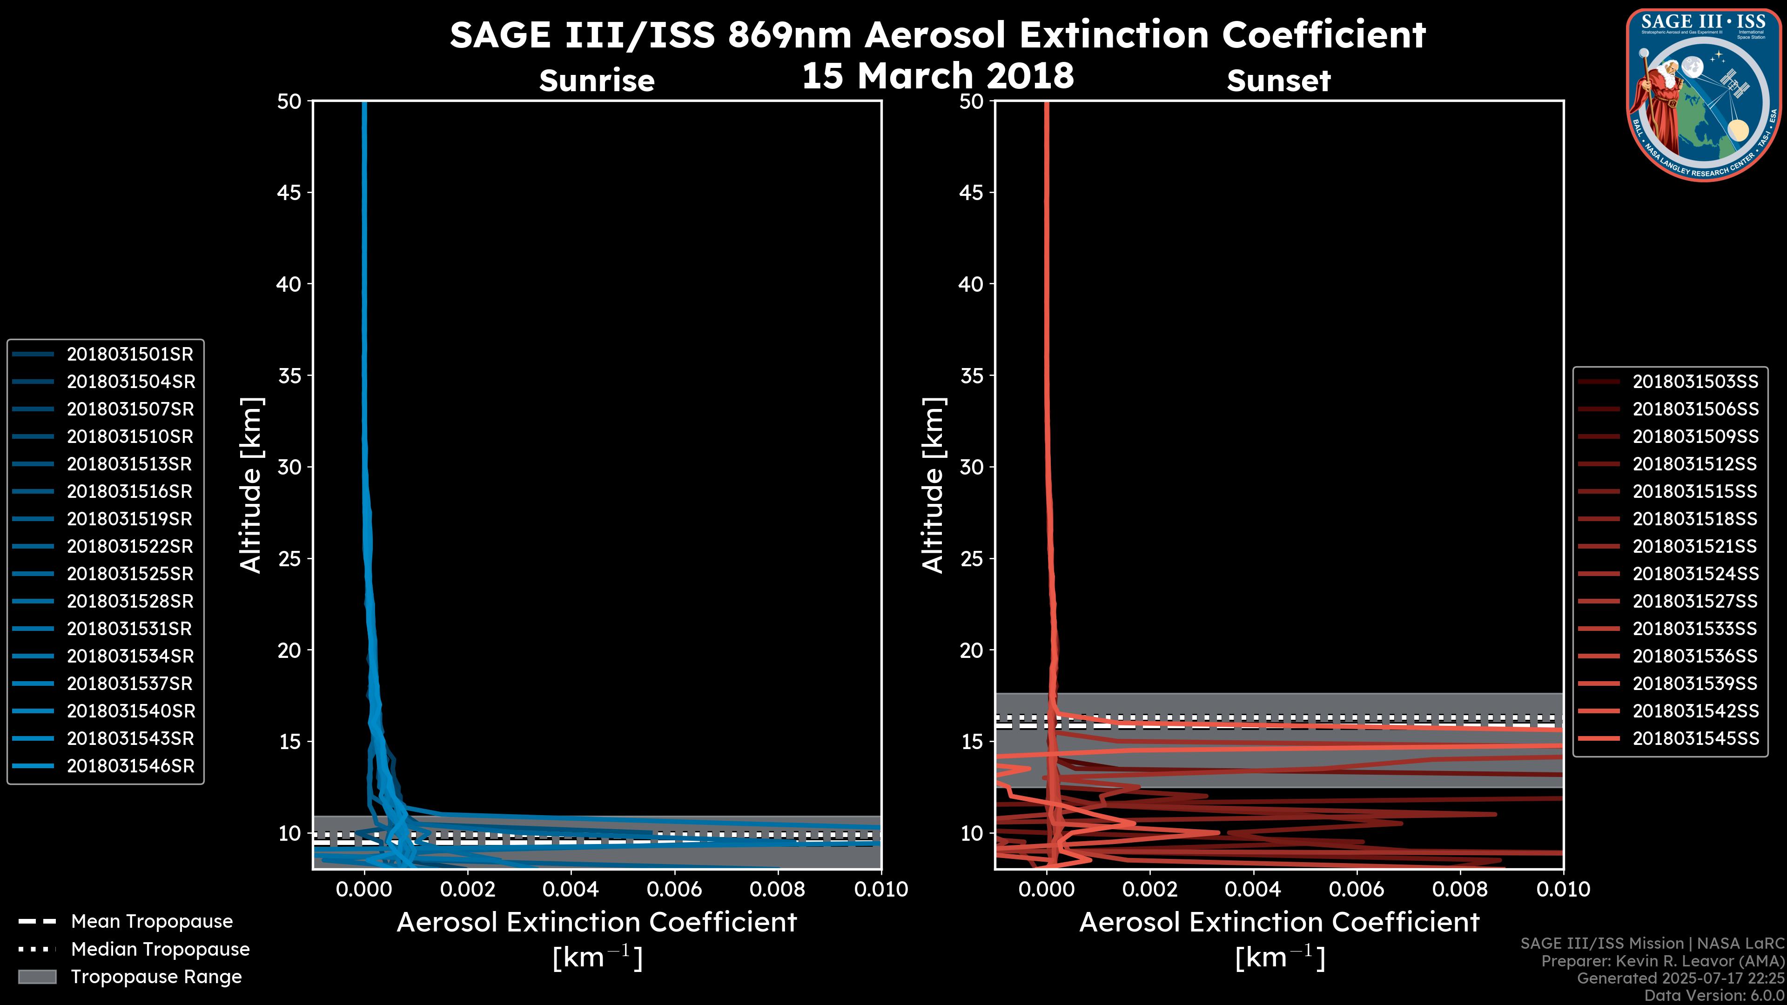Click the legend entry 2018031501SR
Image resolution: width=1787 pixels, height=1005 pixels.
(130, 355)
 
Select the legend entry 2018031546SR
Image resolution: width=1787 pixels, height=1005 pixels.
(130, 766)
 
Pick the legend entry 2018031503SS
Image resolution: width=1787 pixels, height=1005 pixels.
(1695, 382)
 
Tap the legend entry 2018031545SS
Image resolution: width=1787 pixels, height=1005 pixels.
(1695, 739)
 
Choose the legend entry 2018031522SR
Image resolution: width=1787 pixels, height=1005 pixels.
(130, 547)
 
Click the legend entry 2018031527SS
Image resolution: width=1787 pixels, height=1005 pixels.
(1695, 601)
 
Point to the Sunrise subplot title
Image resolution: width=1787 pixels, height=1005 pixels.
(597, 81)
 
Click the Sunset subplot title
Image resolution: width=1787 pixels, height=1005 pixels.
(1278, 81)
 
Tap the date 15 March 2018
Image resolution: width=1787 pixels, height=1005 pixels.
(937, 75)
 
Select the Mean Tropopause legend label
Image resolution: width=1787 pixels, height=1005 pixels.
(152, 922)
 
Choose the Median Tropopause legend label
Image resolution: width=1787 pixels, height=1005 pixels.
(160, 950)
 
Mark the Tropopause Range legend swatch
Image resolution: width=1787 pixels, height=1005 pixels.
(37, 977)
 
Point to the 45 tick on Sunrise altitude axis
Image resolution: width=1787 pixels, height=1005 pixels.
(289, 193)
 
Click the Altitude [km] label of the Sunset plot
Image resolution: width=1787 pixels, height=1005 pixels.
(933, 485)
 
